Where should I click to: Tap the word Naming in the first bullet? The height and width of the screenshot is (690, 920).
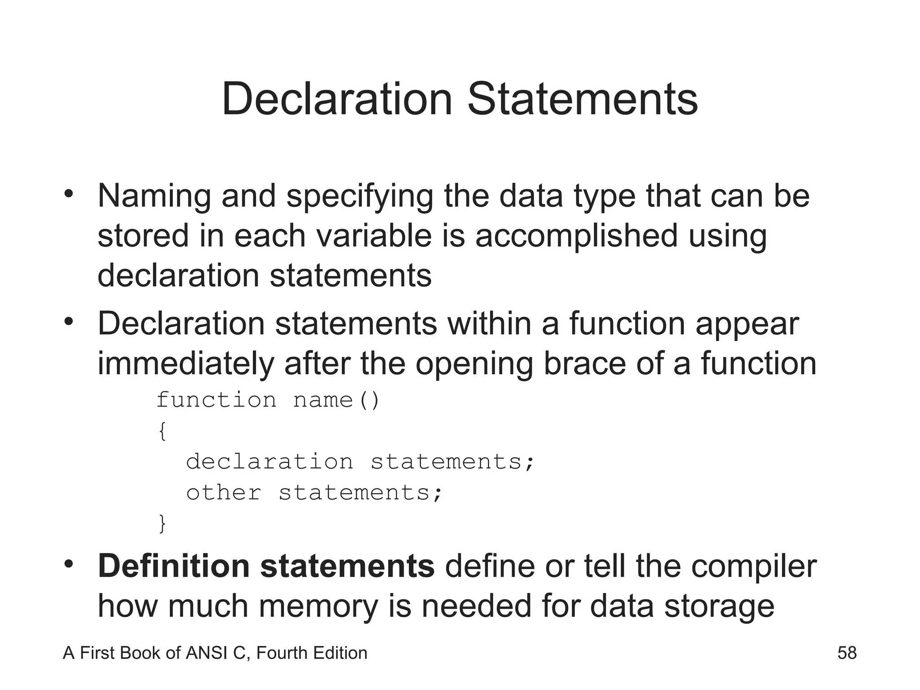154,196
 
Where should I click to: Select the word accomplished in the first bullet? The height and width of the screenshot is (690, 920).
576,236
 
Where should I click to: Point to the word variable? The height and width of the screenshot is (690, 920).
374,236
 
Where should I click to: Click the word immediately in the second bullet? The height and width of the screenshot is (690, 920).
186,363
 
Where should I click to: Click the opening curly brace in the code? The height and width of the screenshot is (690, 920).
162,432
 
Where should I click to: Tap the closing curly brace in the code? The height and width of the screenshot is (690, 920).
162,524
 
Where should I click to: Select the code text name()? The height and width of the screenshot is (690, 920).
336,400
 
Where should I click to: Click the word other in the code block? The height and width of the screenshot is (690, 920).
224,493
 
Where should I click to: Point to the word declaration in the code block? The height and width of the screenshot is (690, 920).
270,462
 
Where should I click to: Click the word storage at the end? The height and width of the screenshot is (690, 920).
719,606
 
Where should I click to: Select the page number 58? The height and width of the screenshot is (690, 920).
847,653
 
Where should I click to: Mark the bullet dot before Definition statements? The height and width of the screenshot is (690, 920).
68,564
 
